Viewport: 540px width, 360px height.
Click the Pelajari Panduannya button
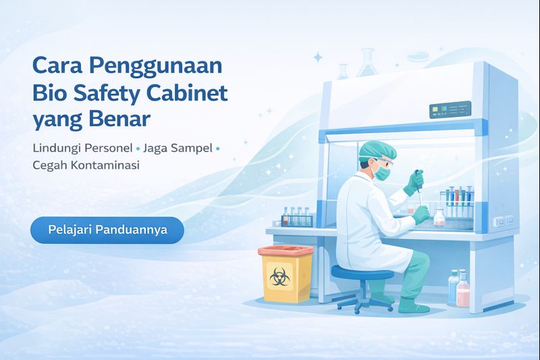click(107, 230)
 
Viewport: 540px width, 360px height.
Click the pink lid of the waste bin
click(286, 251)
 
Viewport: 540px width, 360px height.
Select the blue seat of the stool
click(362, 274)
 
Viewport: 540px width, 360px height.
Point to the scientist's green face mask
click(383, 173)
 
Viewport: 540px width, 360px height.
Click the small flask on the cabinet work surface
click(439, 217)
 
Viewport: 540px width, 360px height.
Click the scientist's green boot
click(412, 306)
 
